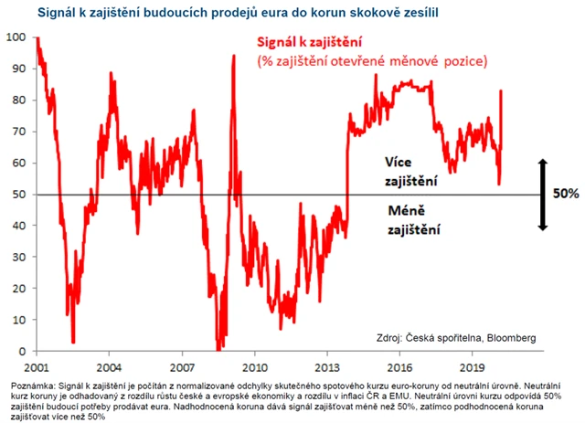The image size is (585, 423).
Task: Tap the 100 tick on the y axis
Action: click(x=15, y=37)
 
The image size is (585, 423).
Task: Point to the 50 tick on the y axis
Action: click(x=17, y=194)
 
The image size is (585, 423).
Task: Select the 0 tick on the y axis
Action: click(x=21, y=351)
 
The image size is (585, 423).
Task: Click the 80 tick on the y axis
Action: click(x=17, y=100)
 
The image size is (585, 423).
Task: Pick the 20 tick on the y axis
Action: click(x=17, y=288)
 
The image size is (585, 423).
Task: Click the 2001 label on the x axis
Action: click(x=37, y=365)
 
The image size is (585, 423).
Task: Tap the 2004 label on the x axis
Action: click(x=109, y=365)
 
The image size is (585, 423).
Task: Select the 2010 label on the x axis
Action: click(x=254, y=365)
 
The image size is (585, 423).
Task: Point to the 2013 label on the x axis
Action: click(x=326, y=365)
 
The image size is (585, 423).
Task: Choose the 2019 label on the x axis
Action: click(x=472, y=365)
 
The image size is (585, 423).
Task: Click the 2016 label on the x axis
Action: click(x=399, y=365)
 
